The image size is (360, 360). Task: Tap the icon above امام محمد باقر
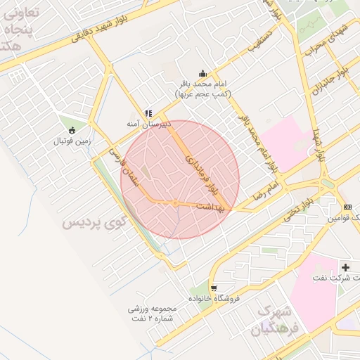point(203,74)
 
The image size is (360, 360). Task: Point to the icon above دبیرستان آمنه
point(148,112)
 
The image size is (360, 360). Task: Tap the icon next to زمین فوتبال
point(72,129)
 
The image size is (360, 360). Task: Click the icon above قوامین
point(347,207)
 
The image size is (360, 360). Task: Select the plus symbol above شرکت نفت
point(345,267)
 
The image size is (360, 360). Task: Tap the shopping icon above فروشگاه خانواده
point(213,288)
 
